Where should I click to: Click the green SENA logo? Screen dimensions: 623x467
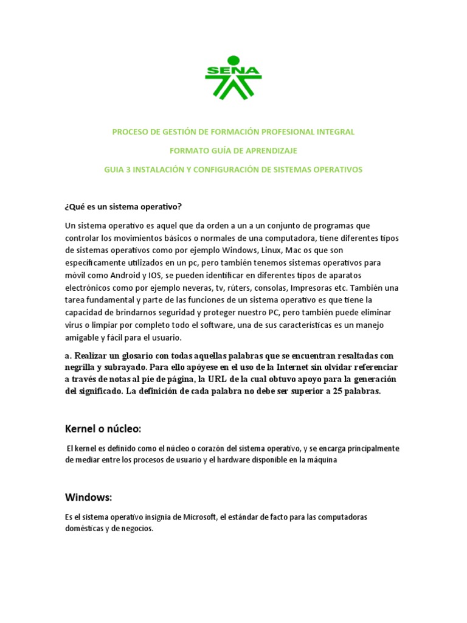pos(233,77)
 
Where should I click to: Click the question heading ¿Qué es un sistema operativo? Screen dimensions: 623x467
pos(123,206)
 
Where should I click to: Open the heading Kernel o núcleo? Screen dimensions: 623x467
pos(103,429)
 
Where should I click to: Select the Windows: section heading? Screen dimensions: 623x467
pos(89,497)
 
